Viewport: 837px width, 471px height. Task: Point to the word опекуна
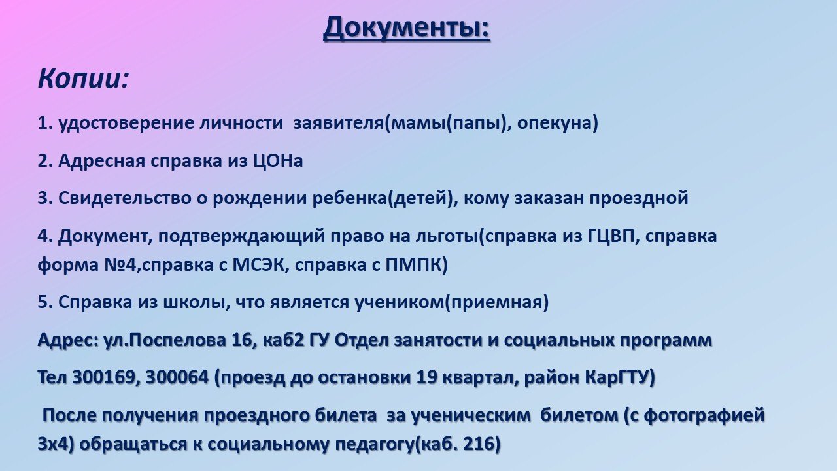point(553,124)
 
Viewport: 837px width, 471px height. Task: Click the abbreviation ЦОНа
point(278,161)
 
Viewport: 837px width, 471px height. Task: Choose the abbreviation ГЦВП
point(608,237)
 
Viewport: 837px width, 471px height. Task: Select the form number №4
point(119,265)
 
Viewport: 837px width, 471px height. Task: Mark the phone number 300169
point(103,377)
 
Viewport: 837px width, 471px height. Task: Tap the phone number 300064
point(177,377)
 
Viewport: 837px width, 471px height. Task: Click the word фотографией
point(703,415)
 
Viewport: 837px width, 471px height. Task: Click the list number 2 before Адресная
point(43,161)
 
